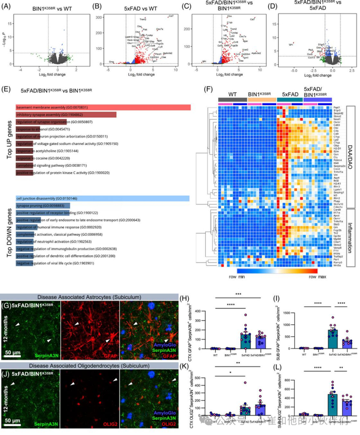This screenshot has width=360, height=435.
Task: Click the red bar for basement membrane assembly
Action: pos(103,107)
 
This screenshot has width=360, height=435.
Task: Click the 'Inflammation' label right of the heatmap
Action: pos(352,237)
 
